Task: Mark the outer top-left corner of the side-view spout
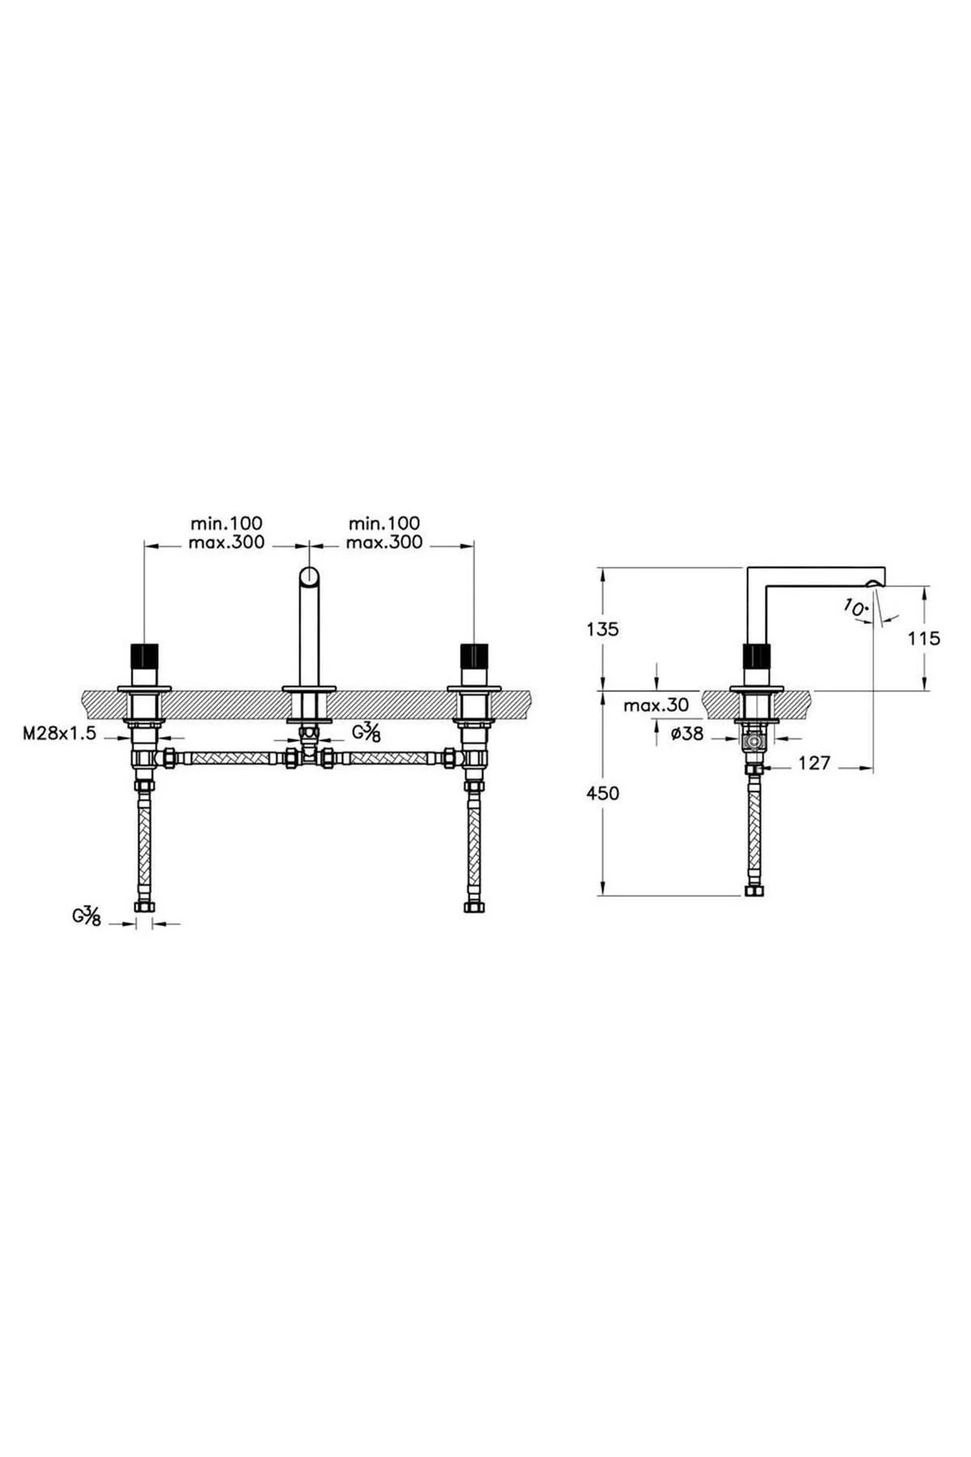746,567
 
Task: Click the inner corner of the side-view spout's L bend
765,586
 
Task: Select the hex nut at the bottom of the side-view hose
755,890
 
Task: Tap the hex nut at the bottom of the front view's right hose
473,907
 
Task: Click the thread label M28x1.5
59,733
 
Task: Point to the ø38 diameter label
686,733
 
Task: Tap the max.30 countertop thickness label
656,705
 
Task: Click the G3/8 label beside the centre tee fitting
366,733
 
